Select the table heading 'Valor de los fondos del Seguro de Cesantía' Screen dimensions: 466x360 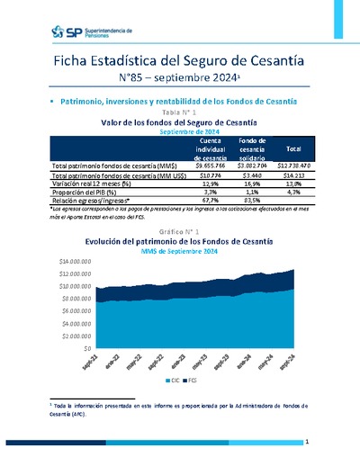pos(179,121)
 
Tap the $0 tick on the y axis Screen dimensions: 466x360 pos(86,346)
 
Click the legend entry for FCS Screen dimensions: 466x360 pos(192,381)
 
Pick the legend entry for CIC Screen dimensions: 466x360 pos(175,381)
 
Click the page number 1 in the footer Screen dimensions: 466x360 pos(307,443)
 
